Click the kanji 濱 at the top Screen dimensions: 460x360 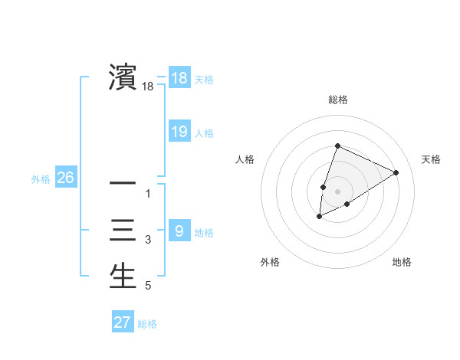pos(123,77)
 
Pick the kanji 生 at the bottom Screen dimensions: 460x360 pos(123,276)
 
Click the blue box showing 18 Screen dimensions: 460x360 pos(179,77)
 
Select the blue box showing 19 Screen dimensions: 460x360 pos(179,132)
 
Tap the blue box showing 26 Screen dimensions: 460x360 pos(66,178)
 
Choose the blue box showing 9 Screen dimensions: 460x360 pos(179,231)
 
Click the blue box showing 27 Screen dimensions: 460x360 pos(123,322)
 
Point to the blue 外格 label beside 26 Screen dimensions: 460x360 pos(41,179)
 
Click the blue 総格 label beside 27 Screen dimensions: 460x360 pos(147,324)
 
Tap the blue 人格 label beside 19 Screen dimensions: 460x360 pos(204,133)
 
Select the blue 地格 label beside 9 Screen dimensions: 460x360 pos(204,232)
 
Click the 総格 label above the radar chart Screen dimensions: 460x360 pos(337,100)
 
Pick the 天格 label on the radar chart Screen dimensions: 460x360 pos(432,159)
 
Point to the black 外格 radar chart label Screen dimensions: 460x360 pos(270,263)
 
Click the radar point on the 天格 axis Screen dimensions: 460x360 pos(396,172)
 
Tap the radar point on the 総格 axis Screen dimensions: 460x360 pos(337,146)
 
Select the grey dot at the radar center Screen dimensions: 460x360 pos(337,191)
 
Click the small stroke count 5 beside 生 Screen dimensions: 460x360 pos(148,286)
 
